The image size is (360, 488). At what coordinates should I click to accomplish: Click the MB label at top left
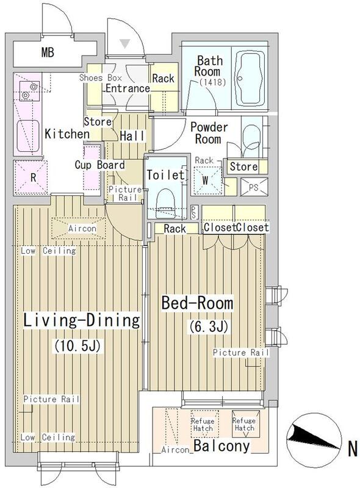[48, 52]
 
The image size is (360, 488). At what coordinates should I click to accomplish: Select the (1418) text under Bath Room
[212, 82]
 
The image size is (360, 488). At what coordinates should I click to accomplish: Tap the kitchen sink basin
[28, 136]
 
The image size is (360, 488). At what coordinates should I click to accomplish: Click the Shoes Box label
[100, 77]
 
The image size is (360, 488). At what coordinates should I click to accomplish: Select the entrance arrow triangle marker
[125, 43]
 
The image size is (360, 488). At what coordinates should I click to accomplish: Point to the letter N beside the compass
[352, 450]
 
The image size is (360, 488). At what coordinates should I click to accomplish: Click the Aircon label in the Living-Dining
[82, 228]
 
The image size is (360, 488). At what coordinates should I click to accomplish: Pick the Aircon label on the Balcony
[175, 450]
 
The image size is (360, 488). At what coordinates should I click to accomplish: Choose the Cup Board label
[99, 165]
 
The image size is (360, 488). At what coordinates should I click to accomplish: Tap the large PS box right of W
[254, 187]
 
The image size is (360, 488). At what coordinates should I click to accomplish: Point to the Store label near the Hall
[98, 121]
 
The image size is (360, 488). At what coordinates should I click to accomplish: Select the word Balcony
[221, 446]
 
